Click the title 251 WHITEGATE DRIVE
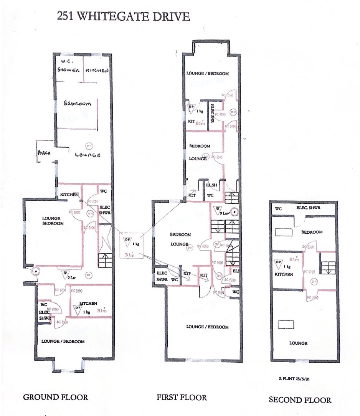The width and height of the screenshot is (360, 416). point(123,17)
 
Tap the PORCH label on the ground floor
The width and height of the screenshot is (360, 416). point(44,153)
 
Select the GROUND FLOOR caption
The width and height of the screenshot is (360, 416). point(56,397)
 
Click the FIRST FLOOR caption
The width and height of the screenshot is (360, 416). point(182,397)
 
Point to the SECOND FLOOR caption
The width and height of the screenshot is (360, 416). point(300,399)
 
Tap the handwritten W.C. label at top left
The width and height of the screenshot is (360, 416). point(67,61)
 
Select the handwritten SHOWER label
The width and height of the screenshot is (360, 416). point(68,71)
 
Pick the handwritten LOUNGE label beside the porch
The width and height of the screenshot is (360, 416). point(88,155)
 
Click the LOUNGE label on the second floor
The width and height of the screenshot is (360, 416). point(298,343)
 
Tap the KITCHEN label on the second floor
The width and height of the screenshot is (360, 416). point(284,274)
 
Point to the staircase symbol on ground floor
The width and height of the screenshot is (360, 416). point(105,261)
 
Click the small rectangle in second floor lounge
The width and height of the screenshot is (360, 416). point(286,324)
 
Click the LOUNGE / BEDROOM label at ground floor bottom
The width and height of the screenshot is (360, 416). point(63,341)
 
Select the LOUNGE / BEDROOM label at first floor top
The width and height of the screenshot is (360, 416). point(207,73)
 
